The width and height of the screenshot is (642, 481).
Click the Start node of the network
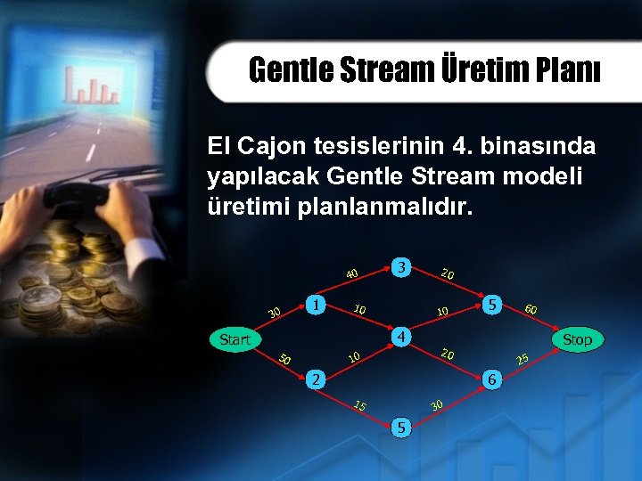235,339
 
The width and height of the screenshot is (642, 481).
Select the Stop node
577,339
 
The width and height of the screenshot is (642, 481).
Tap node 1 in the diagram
314,304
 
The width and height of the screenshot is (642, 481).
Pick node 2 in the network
314,379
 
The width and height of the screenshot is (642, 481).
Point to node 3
403,266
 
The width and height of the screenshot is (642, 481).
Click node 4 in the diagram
403,338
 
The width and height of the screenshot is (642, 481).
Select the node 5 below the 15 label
403,428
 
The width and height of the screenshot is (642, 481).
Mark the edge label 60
531,309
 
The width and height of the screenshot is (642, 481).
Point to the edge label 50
284,360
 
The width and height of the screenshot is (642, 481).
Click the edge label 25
523,359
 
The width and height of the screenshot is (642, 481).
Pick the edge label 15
360,406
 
